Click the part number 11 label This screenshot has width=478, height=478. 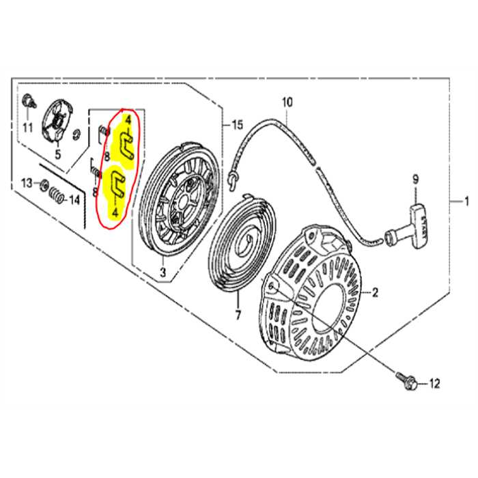click(28, 128)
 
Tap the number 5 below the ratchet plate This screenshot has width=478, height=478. click(57, 154)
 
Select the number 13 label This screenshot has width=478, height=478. click(27, 183)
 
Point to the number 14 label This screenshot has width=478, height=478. click(74, 200)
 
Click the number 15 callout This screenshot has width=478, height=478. click(237, 125)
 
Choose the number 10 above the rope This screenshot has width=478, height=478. click(286, 103)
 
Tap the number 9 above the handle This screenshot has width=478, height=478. click(413, 180)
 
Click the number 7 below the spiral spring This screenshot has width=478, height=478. click(237, 315)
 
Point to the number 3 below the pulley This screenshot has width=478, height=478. click(163, 273)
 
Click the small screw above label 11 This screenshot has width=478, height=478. click(27, 101)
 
